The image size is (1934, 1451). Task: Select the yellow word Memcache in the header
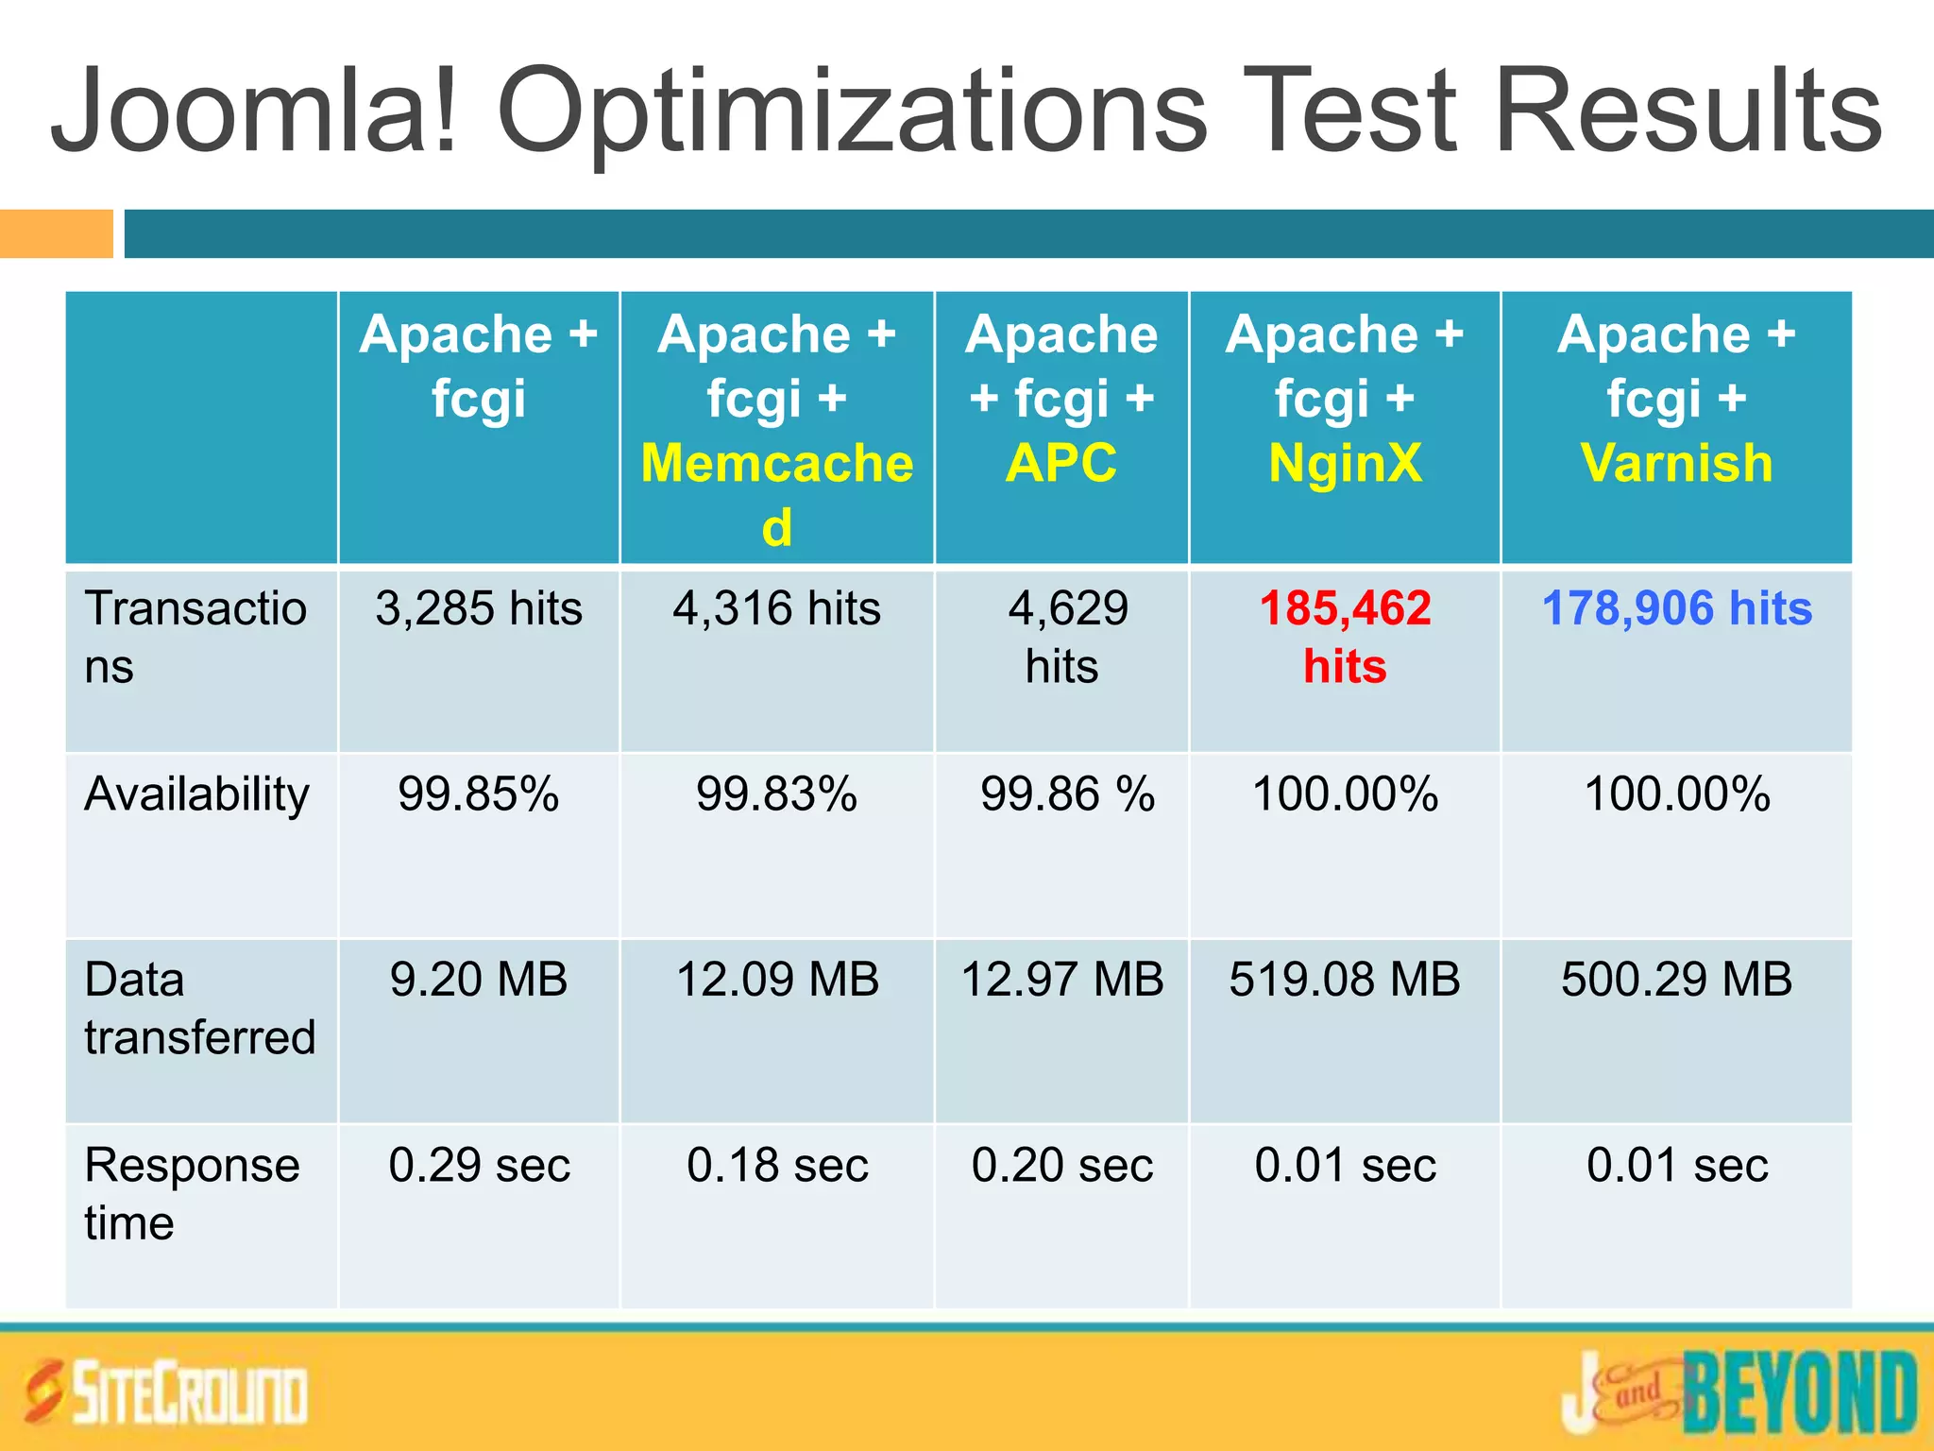pos(776,463)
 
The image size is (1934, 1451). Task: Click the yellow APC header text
pos(1061,463)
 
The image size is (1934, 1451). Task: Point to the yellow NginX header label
pos(1345,463)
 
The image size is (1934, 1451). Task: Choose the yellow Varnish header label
pos(1676,463)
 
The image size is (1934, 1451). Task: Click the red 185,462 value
pos(1345,607)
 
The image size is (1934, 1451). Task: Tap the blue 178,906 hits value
pos(1676,607)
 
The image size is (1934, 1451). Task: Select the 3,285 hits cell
pos(479,607)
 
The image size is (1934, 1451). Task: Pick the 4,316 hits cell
pos(776,607)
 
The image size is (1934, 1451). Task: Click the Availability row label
pos(196,794)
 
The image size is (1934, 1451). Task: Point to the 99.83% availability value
pos(776,794)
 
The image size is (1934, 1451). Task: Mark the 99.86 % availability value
pos(1067,794)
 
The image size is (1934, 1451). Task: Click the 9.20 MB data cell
pos(479,979)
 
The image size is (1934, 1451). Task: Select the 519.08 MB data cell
pos(1345,979)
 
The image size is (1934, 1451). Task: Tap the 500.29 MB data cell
pos(1676,979)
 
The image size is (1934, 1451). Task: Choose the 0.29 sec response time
pos(479,1165)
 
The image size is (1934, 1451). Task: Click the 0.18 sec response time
pos(776,1165)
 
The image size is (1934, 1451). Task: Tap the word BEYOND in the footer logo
pos(1799,1392)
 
